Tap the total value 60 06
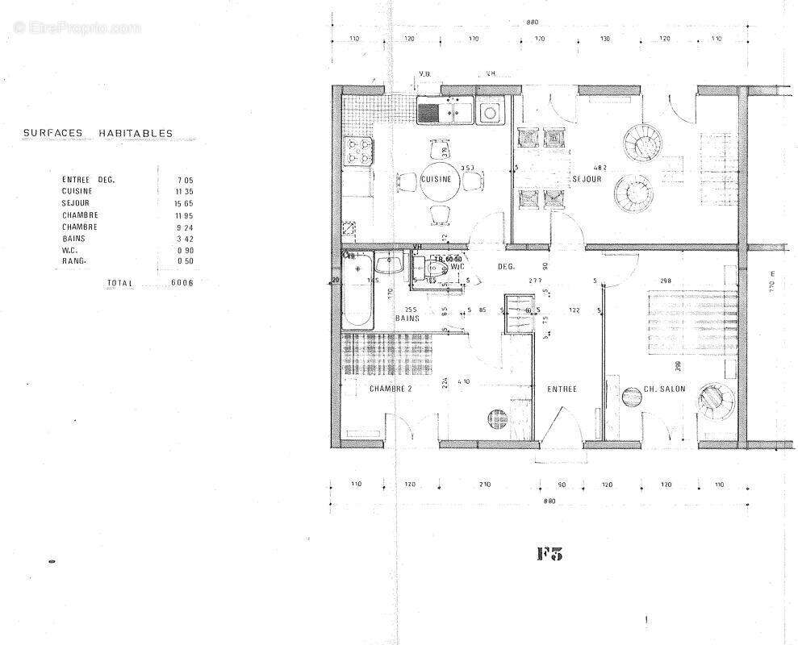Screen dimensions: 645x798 point(182,284)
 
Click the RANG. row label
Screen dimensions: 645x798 point(75,260)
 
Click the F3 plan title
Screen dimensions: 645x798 point(549,553)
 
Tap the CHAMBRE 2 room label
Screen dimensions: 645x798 point(391,389)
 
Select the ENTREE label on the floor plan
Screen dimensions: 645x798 point(562,389)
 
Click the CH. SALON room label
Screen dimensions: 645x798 point(664,389)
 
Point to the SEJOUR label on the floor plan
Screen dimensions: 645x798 point(587,179)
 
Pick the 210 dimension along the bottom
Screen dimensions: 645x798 point(485,485)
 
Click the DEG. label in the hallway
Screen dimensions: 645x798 point(506,266)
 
